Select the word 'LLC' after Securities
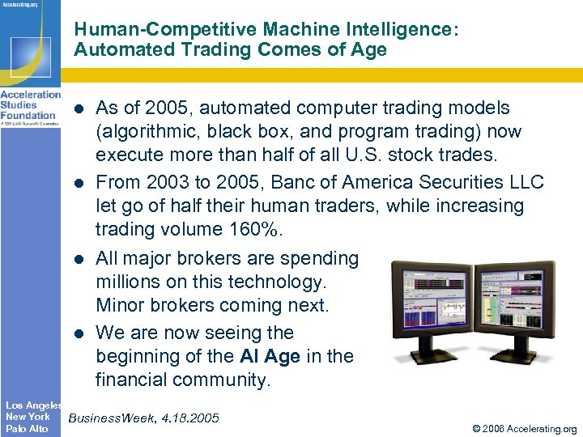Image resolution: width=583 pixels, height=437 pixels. pyautogui.click(x=523, y=183)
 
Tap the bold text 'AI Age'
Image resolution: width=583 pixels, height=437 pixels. pyautogui.click(x=270, y=356)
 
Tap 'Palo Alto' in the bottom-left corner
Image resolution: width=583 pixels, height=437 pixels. pyautogui.click(x=27, y=429)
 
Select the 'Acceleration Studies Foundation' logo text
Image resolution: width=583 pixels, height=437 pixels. pyautogui.click(x=30, y=105)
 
